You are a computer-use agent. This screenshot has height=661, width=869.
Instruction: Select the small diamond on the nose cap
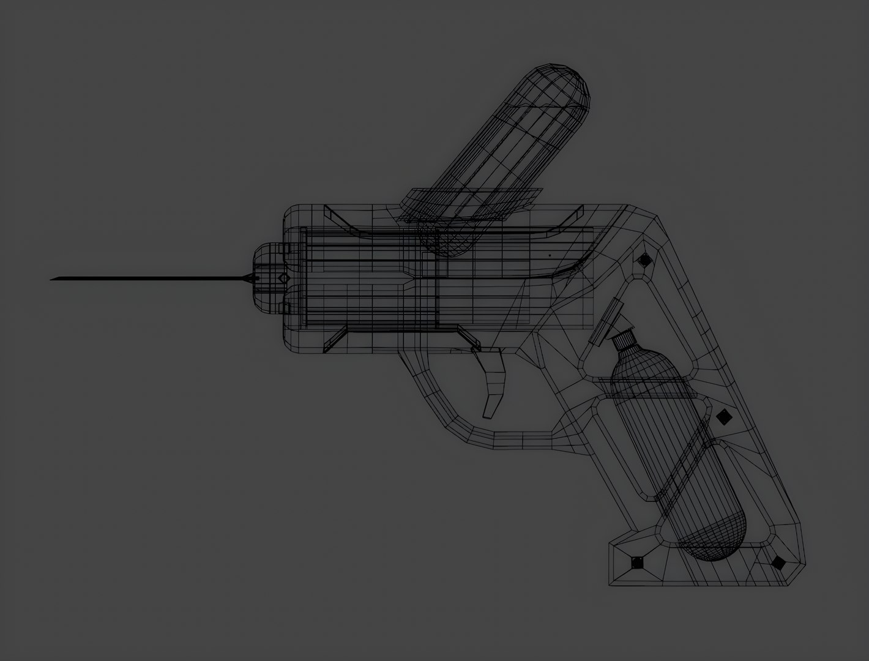[283, 278]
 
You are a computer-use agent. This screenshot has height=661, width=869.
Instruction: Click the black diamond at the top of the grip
[644, 260]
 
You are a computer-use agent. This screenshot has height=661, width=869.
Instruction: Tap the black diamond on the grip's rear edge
[724, 417]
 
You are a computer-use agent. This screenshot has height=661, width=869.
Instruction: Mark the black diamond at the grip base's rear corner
[778, 562]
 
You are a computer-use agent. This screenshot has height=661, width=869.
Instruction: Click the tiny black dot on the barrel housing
[550, 255]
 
